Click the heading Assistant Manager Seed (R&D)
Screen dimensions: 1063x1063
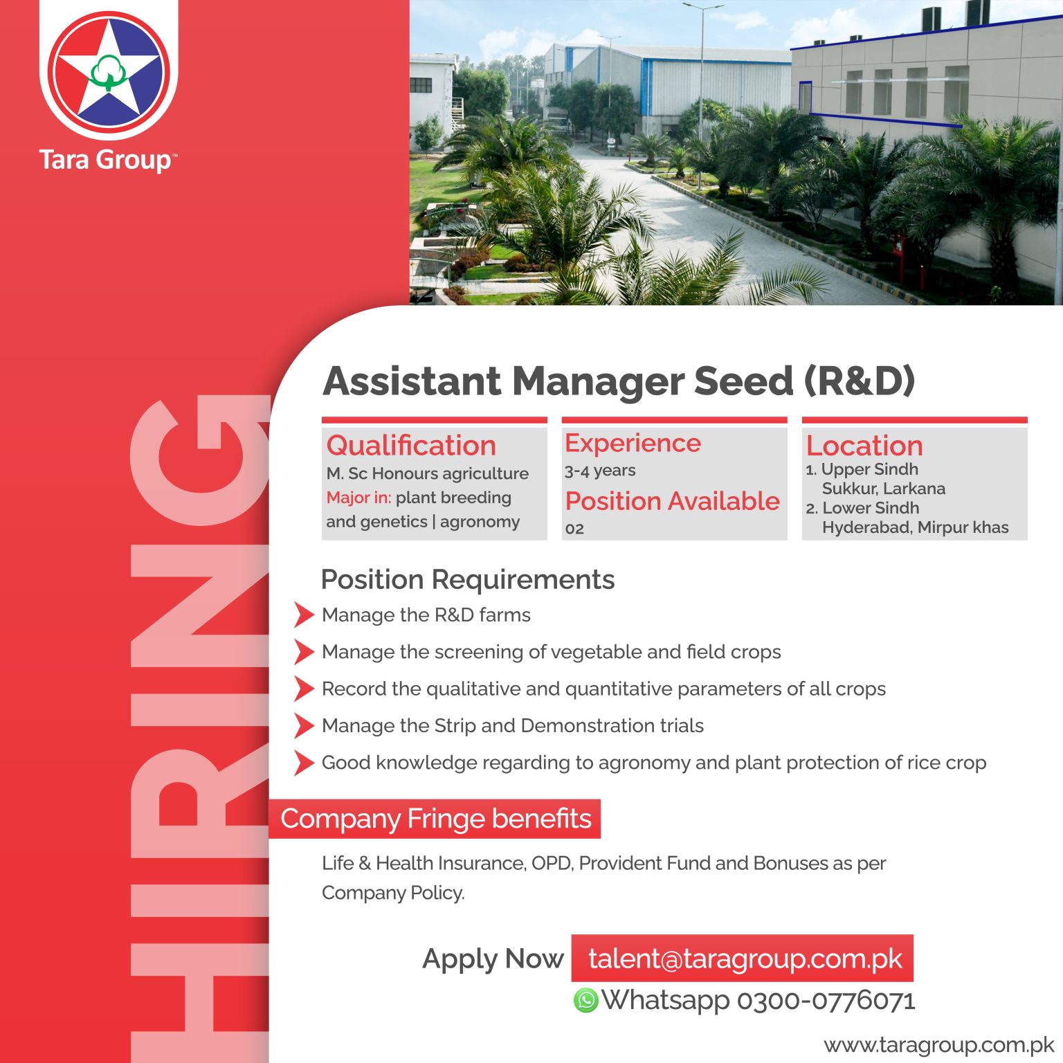click(619, 381)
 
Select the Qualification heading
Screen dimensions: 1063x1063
click(411, 445)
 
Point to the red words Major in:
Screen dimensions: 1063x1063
click(358, 498)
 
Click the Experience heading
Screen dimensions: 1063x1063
click(633, 443)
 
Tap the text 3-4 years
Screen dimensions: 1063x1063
click(600, 471)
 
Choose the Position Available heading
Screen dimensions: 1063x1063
click(672, 500)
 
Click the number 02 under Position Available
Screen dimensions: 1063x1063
click(574, 529)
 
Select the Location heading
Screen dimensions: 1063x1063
click(864, 445)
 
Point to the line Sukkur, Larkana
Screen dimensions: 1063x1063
click(883, 489)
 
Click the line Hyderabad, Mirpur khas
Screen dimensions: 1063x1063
click(915, 527)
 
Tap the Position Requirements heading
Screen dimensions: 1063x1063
click(468, 579)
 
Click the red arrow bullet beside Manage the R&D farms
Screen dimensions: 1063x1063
click(304, 615)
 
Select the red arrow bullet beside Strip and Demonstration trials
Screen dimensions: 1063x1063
click(304, 725)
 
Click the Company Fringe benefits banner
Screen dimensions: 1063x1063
click(435, 819)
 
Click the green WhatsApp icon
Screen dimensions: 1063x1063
click(585, 1000)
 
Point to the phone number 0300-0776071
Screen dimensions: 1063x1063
click(826, 1000)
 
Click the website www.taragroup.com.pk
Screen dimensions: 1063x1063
click(938, 1044)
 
